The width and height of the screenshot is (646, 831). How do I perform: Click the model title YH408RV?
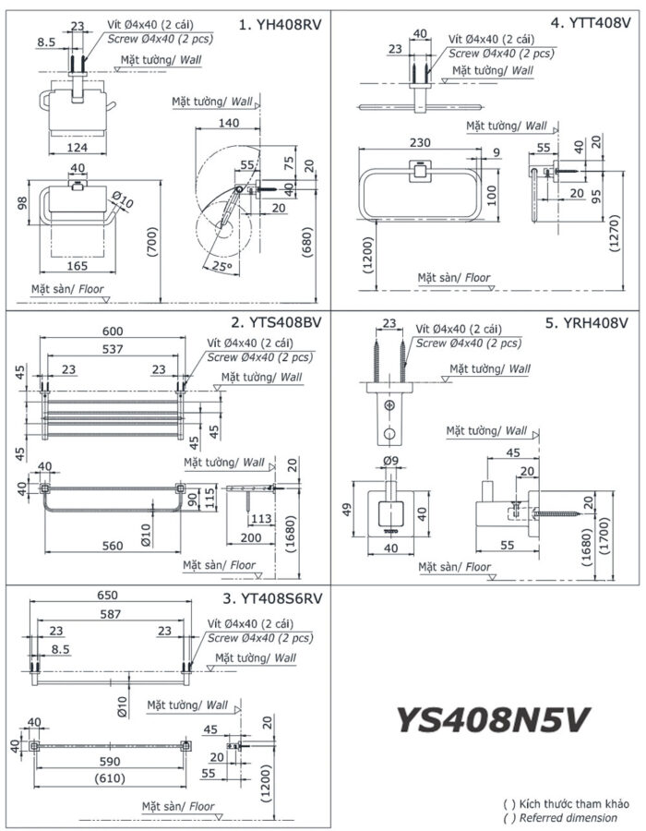point(280,25)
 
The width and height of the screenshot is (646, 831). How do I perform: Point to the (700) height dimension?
point(150,245)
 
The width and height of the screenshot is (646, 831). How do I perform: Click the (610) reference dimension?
point(110,777)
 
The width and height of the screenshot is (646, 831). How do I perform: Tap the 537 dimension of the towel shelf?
point(113,349)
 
